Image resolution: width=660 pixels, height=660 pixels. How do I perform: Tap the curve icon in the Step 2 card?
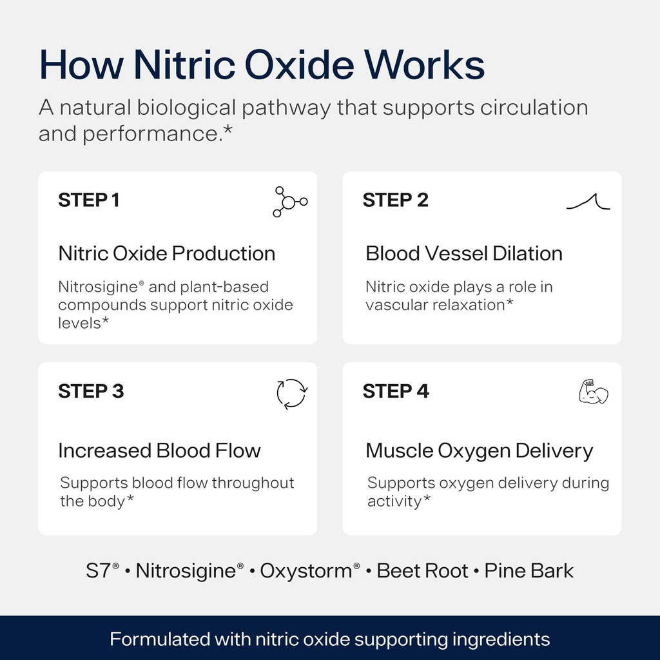[x=588, y=202]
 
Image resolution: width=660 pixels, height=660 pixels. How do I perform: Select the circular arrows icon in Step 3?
[x=291, y=394]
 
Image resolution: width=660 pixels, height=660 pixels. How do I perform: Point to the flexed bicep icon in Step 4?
[x=593, y=392]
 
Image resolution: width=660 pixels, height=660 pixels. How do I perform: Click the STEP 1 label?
[x=89, y=200]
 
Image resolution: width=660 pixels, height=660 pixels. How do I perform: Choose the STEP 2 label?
[x=395, y=200]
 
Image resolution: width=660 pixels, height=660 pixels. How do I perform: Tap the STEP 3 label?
[x=91, y=391]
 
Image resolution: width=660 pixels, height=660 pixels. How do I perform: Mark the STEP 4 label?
[x=396, y=391]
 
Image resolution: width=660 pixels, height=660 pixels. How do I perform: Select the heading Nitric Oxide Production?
[x=167, y=253]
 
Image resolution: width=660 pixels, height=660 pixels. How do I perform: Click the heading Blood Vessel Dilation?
[x=464, y=253]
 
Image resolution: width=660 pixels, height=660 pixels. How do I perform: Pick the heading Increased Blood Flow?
[x=159, y=451]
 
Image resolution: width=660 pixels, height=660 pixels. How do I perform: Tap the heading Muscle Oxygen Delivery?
[x=479, y=451]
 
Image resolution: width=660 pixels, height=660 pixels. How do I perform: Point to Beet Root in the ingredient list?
[x=422, y=571]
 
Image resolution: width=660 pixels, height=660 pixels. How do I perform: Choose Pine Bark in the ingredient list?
[x=529, y=571]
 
